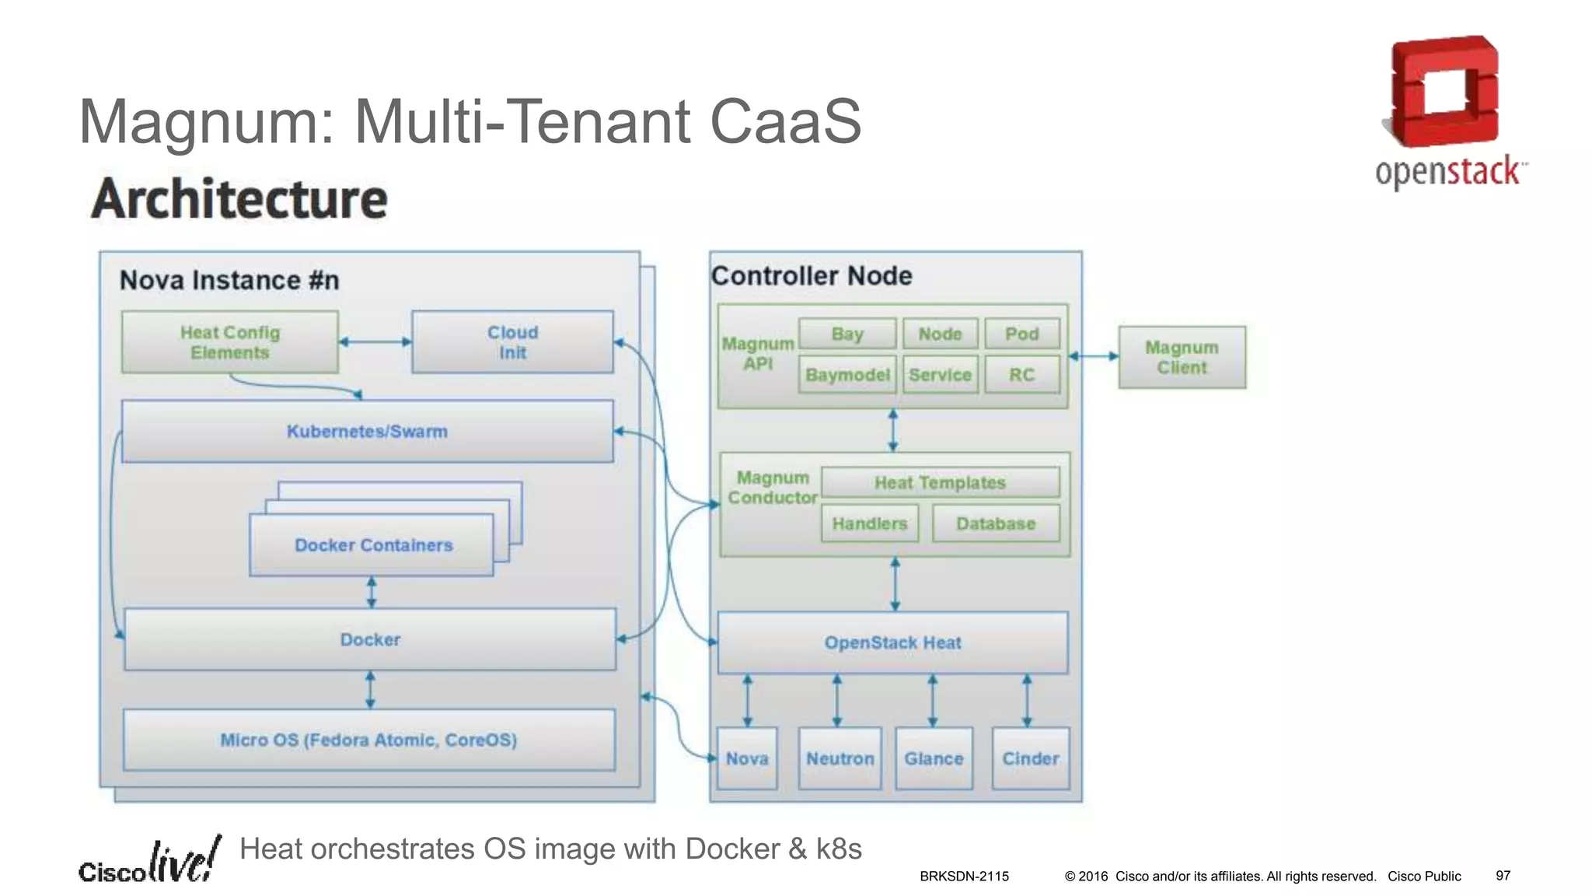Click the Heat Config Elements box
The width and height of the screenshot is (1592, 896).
click(229, 342)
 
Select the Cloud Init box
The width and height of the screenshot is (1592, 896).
click(512, 342)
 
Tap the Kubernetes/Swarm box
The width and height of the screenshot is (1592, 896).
click(367, 432)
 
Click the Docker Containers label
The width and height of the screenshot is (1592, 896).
click(373, 545)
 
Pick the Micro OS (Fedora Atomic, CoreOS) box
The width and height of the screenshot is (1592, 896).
click(368, 740)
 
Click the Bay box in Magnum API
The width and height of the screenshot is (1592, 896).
click(847, 334)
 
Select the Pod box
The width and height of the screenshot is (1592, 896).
click(1021, 334)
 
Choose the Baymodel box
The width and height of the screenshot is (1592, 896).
click(847, 375)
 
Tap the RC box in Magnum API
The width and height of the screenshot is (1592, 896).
click(1021, 375)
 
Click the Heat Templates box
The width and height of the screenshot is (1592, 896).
click(940, 482)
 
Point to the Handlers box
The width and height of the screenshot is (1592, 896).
click(869, 523)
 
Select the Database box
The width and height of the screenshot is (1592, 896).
click(996, 523)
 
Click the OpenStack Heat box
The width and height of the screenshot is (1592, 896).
click(892, 642)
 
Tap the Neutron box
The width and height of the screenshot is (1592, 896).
click(840, 758)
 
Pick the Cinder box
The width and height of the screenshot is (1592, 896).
click(1030, 758)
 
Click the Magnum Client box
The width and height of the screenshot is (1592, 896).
click(1182, 357)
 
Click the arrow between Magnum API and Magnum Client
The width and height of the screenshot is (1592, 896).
click(1093, 356)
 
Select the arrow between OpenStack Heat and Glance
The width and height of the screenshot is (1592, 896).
click(933, 700)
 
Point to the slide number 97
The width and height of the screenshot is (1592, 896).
click(1503, 876)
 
